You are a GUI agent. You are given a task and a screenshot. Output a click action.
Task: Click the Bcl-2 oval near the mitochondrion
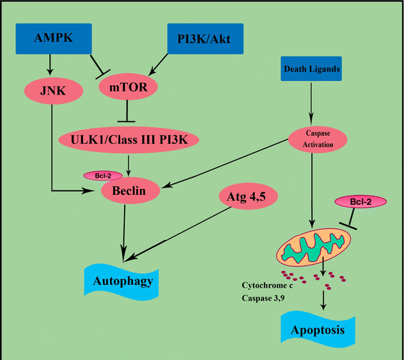click(362, 201)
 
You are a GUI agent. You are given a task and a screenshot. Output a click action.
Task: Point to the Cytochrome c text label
click(269, 286)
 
